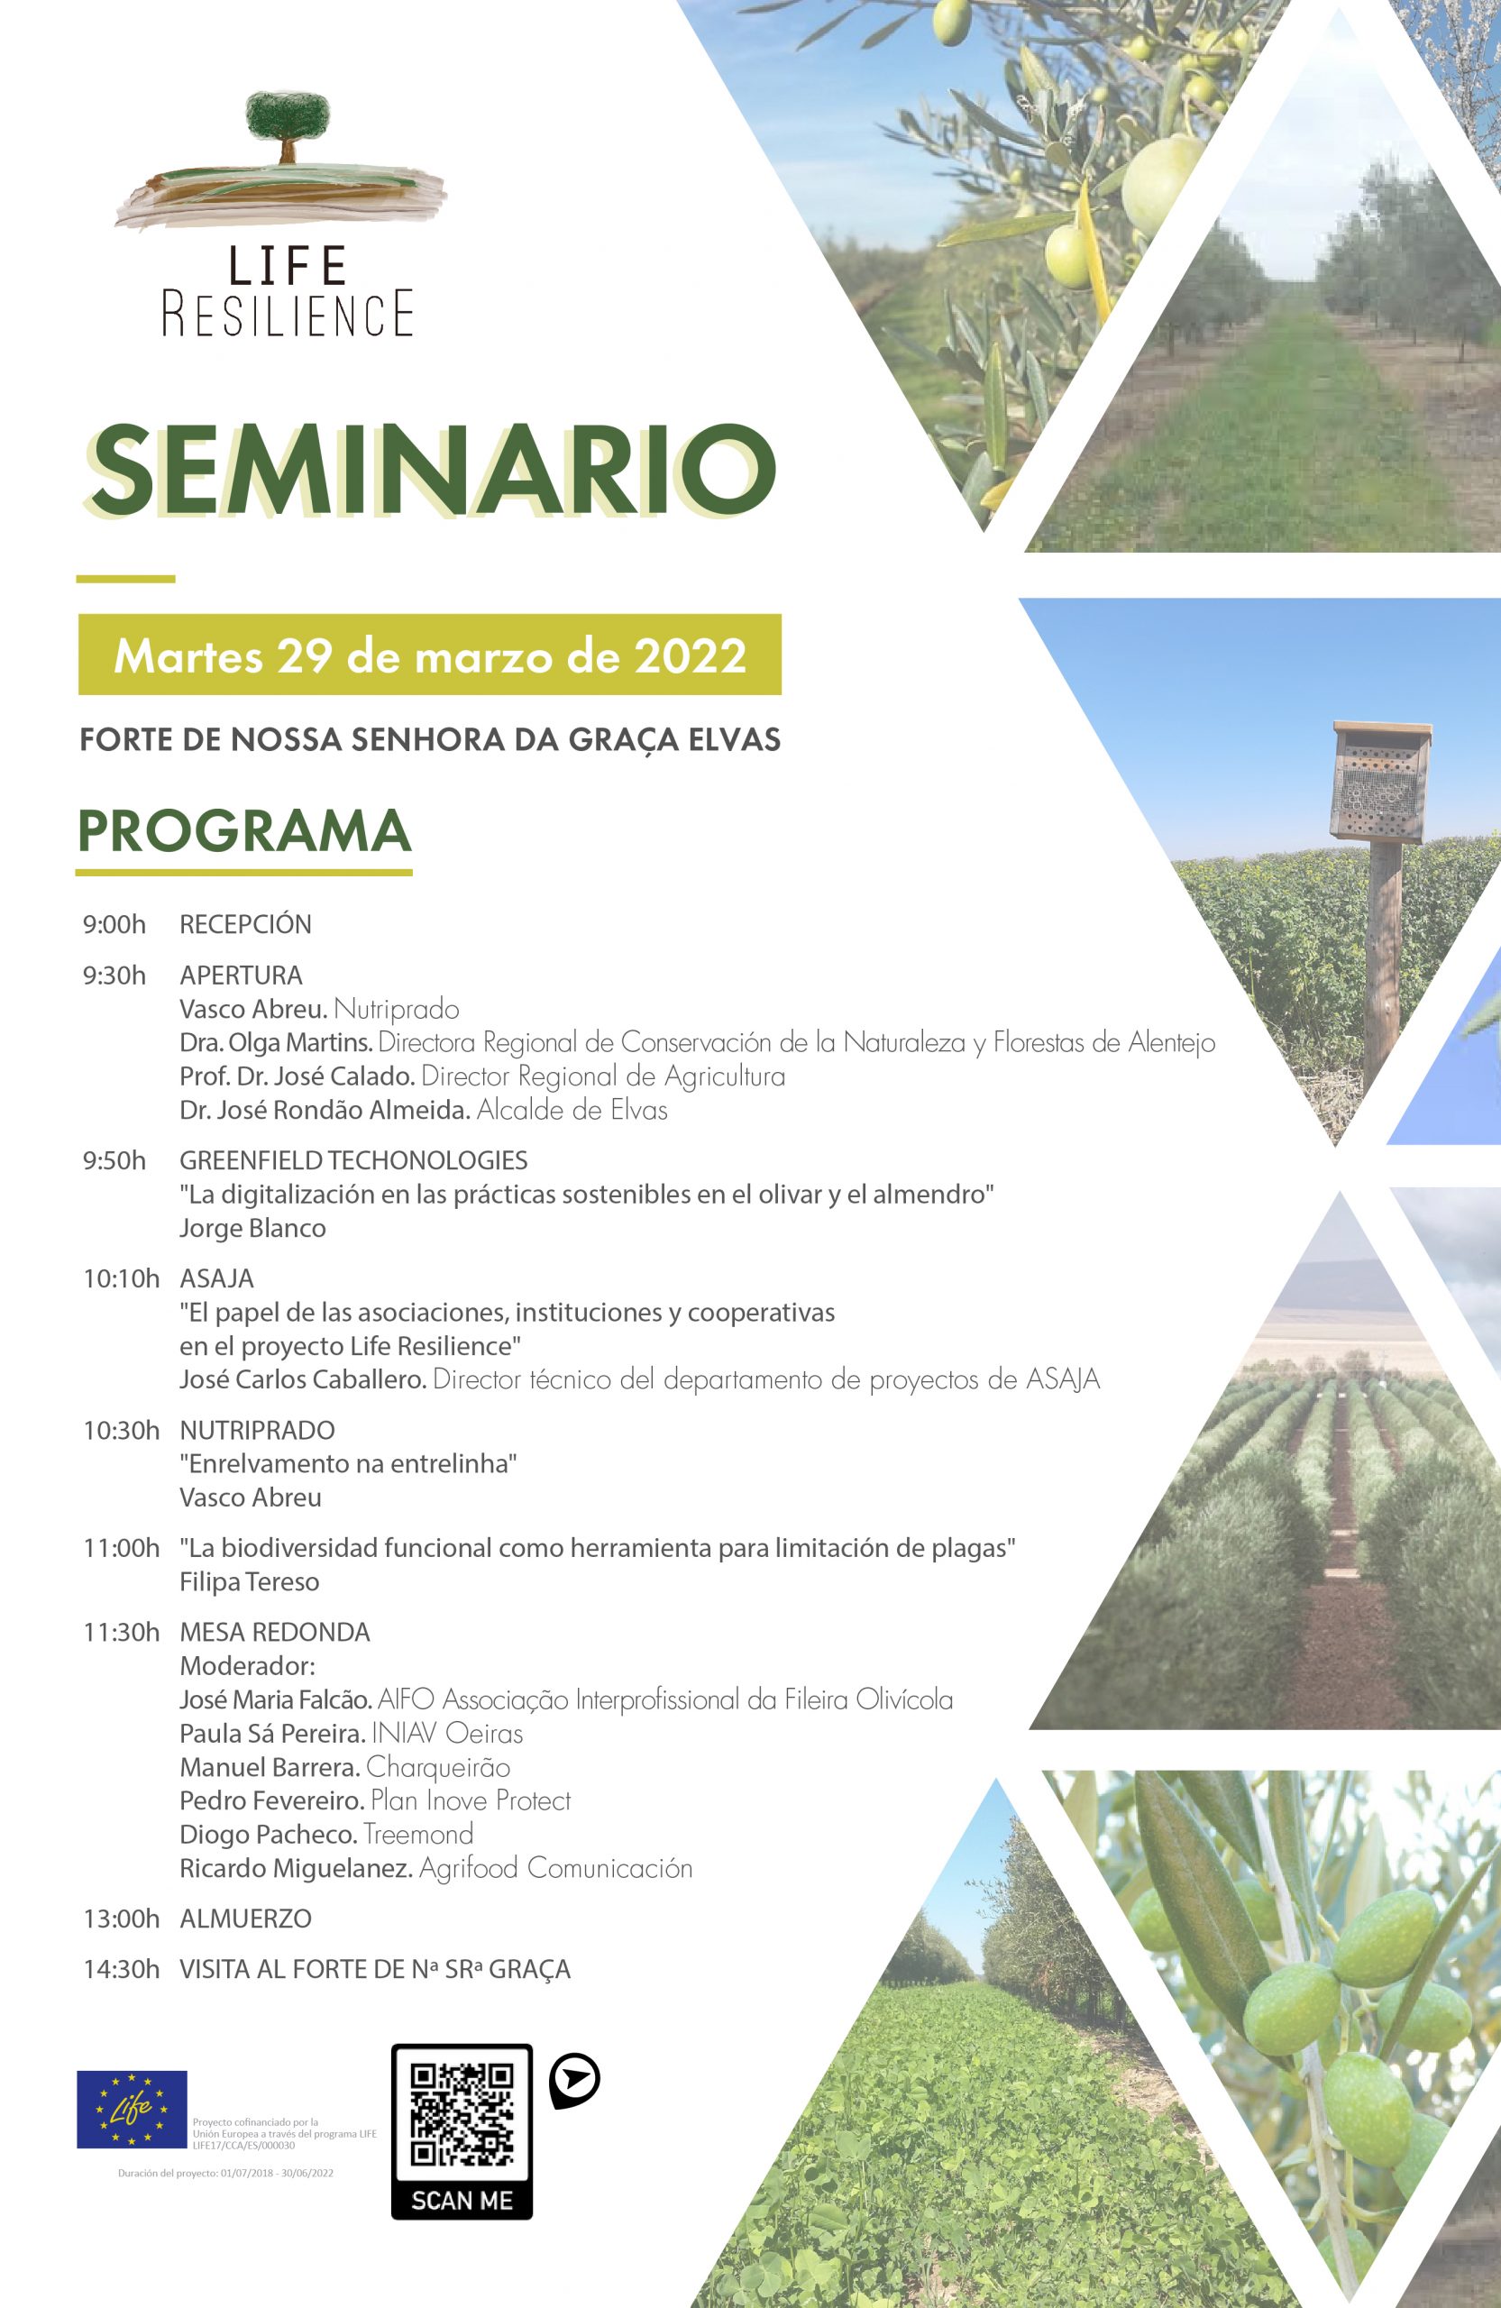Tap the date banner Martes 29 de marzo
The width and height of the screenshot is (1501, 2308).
pos(429,655)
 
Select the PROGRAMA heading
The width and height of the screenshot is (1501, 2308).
pos(244,830)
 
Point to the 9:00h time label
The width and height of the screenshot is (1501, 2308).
pos(114,924)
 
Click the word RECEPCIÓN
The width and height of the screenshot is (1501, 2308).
pos(245,924)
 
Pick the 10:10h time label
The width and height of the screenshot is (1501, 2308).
pos(121,1278)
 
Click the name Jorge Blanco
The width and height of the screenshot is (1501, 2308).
pos(252,1228)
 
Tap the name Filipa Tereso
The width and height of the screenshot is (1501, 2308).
pos(249,1581)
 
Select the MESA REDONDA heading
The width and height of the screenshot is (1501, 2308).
pos(274,1632)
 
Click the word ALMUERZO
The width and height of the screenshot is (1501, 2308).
pos(245,1919)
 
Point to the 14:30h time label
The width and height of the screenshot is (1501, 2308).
pos(121,1969)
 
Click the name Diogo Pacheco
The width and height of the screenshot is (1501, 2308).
pos(269,1834)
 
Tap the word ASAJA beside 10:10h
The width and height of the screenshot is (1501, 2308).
pos(216,1278)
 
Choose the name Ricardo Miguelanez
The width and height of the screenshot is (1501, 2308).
pos(296,1868)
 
